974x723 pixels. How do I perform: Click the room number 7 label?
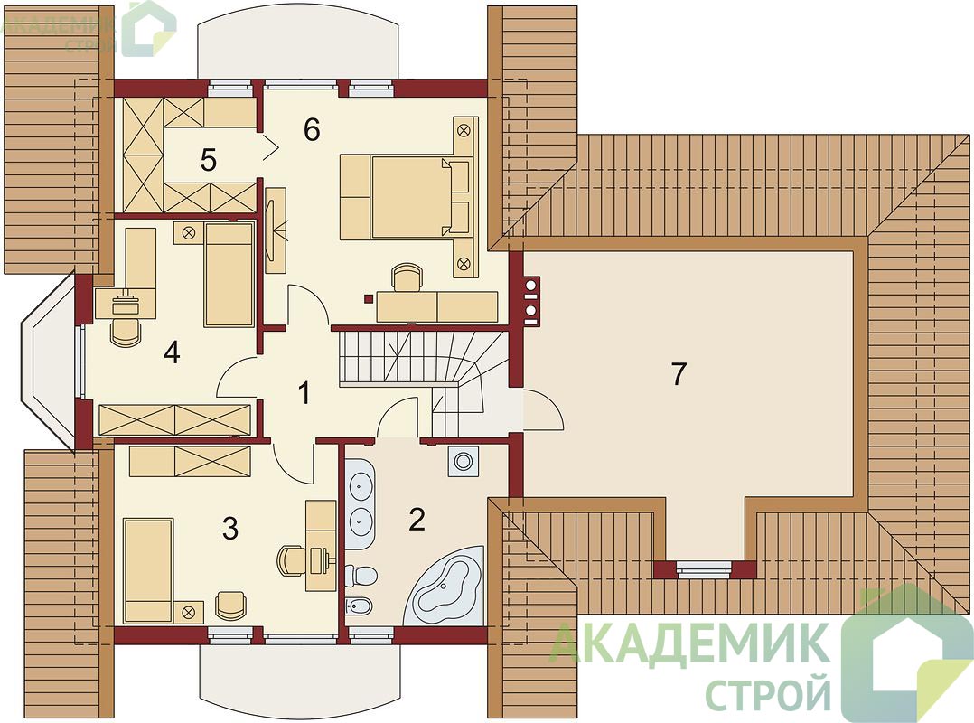[679, 374]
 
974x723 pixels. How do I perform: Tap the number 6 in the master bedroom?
[312, 129]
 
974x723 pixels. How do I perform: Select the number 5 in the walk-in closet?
[209, 160]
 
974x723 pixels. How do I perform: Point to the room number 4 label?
[172, 352]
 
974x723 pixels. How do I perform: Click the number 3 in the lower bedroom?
[230, 529]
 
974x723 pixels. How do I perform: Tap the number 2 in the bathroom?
[417, 520]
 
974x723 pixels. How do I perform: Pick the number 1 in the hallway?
[304, 393]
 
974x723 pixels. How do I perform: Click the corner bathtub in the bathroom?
[445, 586]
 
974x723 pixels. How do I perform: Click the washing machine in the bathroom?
[463, 461]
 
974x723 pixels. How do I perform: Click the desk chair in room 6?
[407, 277]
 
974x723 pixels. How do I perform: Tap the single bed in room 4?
[229, 275]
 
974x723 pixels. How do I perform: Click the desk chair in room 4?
[125, 331]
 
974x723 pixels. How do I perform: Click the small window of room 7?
[704, 568]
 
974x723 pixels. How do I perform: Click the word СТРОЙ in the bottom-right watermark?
[770, 694]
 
